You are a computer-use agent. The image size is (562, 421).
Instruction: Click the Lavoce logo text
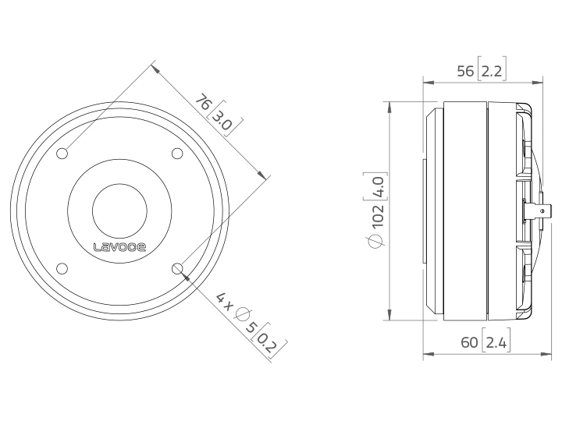coord(119,247)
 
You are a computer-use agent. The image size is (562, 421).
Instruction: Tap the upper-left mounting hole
coord(62,154)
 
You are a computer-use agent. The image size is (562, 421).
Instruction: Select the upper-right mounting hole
coord(177,154)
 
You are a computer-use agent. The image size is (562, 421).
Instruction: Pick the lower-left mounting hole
coord(62,268)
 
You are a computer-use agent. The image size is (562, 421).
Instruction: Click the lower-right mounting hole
coord(177,268)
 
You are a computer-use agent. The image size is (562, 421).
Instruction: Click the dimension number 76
coord(203,102)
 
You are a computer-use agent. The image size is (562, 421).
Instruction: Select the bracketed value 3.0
coord(224,119)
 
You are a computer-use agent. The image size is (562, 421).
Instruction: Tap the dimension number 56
coord(465,71)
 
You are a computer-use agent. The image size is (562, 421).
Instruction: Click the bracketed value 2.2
coord(492,71)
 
